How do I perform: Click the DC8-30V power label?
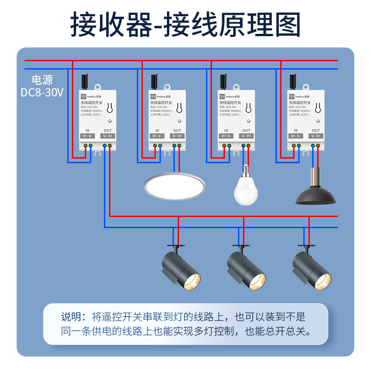point(42,92)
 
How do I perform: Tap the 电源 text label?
point(42,79)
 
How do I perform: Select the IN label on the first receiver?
point(88,131)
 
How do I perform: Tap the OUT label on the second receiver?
point(177,131)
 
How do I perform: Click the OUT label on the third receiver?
point(246,131)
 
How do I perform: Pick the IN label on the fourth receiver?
point(296,131)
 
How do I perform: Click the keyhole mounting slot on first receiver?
point(110,108)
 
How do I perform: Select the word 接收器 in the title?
point(111,24)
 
